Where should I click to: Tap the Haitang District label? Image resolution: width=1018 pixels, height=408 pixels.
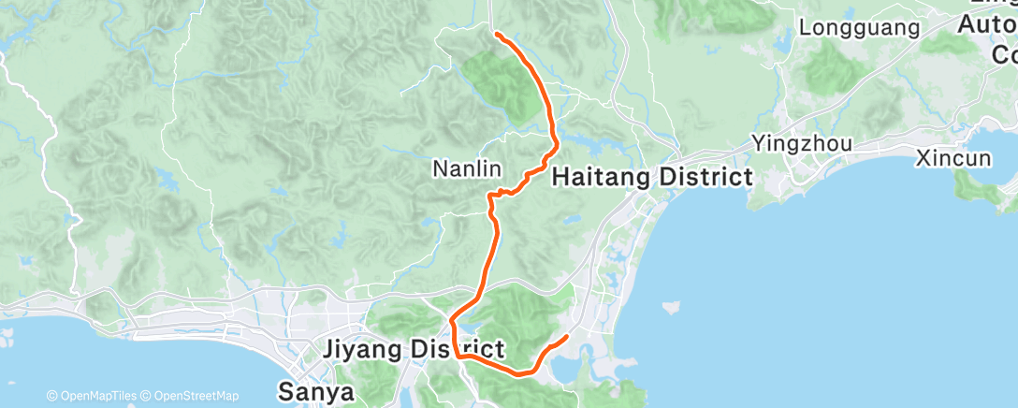(652, 177)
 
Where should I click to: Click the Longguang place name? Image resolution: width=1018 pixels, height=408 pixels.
(860, 28)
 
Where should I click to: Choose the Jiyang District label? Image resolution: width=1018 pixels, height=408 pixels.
(413, 349)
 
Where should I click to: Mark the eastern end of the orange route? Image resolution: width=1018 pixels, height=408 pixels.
(567, 335)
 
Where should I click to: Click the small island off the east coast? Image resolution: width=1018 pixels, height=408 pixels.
(669, 306)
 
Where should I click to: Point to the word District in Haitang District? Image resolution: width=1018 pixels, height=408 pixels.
(705, 177)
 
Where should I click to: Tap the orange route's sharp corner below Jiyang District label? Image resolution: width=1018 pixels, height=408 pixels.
(457, 357)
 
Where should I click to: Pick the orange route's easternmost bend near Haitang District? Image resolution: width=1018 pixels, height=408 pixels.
(557, 144)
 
